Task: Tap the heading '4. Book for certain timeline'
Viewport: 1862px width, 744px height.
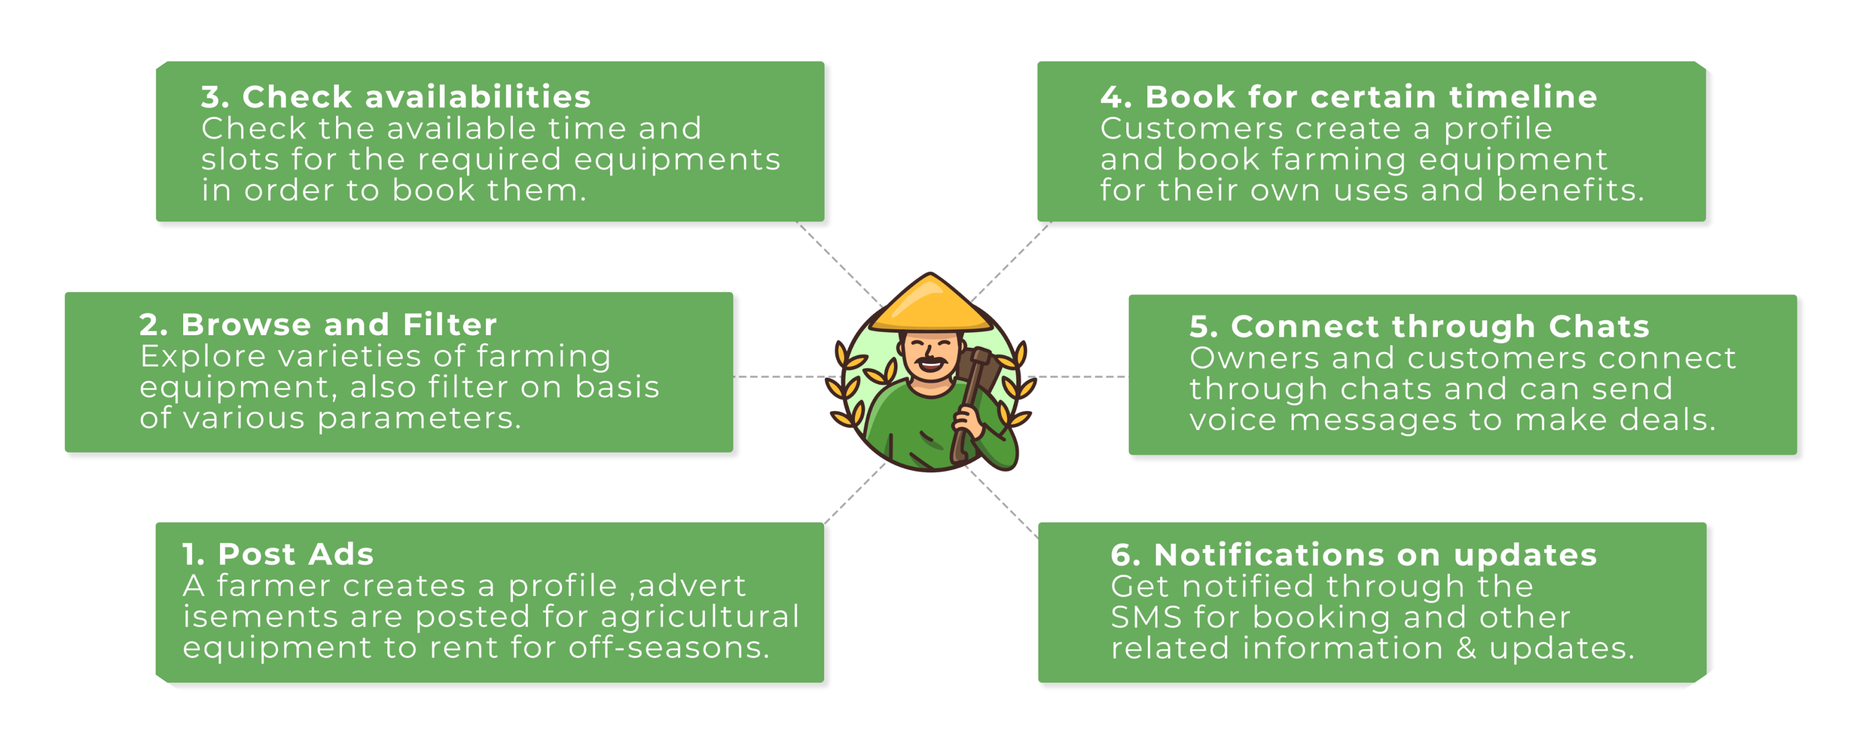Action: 1348,97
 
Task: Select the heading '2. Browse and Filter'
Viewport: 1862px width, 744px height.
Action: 317,325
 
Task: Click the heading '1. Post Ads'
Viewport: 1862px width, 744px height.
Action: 278,555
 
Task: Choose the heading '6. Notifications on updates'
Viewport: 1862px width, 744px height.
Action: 1353,555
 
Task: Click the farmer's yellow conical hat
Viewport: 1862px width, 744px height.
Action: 930,307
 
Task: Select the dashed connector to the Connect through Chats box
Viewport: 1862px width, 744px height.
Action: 1077,376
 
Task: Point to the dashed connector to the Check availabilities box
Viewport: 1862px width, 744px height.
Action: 839,262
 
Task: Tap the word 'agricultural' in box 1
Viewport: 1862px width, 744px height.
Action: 700,618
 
